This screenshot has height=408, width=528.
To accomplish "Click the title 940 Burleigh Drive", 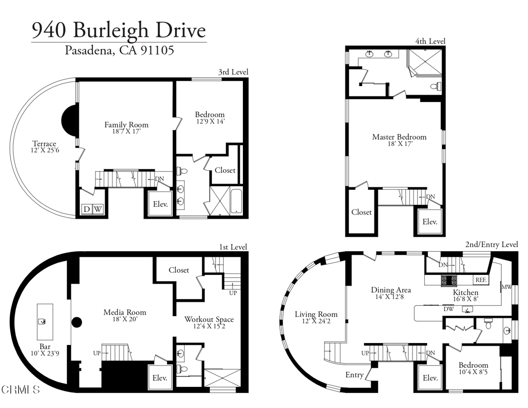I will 119,30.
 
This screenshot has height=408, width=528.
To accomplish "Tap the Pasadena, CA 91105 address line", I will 119,51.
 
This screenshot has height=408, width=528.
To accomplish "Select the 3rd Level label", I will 233,72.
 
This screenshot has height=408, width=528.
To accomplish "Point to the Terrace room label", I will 44,144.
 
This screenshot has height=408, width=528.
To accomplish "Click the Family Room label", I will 126,125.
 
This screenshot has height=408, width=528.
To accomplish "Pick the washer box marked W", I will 97,209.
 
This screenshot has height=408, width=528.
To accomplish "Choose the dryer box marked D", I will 87,209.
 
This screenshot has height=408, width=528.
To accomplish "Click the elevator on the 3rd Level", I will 160,205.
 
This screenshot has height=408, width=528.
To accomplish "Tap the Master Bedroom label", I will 399,137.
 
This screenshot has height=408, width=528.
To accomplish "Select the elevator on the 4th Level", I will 430,222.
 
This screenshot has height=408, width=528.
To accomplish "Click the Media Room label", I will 125,312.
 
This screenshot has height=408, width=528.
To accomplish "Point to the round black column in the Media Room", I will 77,323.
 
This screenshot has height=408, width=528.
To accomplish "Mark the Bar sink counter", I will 45,320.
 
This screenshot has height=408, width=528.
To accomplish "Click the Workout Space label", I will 209,319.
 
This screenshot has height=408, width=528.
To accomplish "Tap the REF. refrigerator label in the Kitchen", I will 481,280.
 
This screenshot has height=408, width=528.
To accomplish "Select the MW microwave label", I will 506,286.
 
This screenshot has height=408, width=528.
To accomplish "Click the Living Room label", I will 316,314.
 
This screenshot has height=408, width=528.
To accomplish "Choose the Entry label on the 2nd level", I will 354,375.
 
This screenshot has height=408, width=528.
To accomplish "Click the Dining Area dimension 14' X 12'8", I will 390,298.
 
